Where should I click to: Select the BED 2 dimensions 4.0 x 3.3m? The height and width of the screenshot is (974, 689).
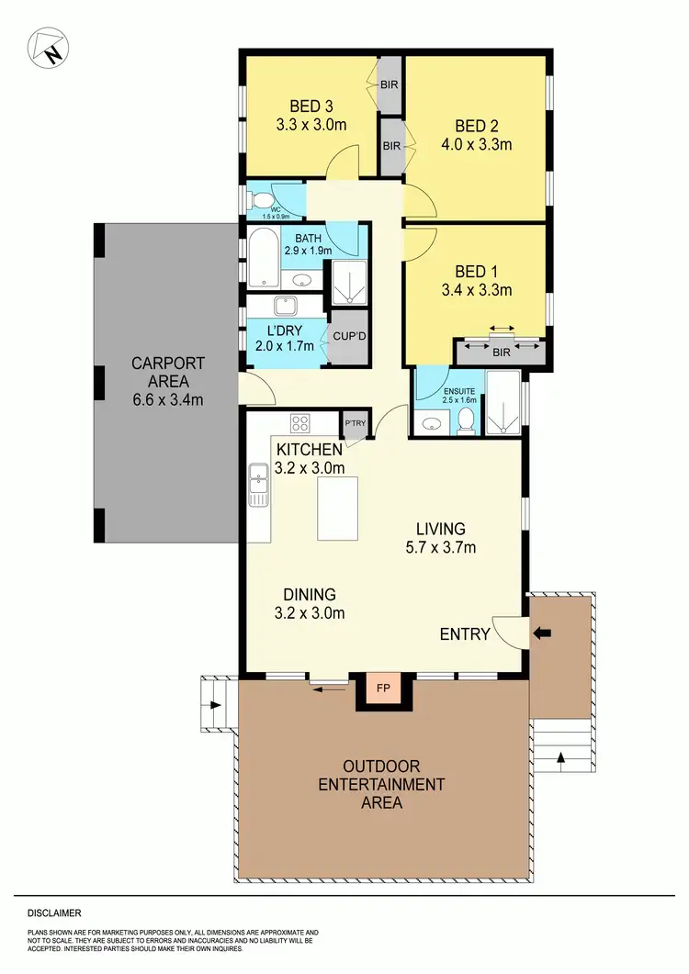478,143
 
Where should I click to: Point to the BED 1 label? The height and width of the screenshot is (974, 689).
476,272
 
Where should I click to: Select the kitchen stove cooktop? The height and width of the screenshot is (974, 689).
300,423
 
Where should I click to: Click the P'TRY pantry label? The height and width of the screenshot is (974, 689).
355,423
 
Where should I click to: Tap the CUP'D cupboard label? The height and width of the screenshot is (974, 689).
349,337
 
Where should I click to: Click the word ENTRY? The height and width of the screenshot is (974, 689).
465,634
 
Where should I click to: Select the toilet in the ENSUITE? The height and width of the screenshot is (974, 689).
466,421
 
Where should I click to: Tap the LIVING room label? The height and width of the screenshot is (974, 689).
440,529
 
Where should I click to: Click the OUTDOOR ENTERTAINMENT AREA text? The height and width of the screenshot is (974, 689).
381,784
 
